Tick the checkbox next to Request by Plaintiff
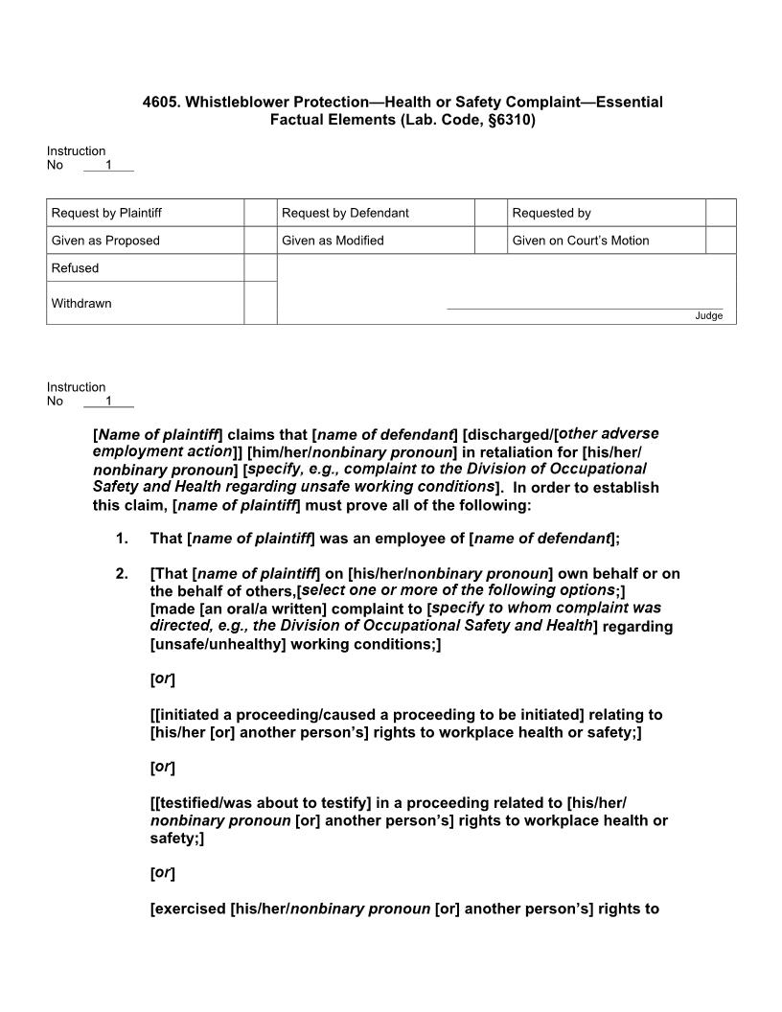(x=260, y=213)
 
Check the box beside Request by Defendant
(x=491, y=213)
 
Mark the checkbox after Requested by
(x=721, y=213)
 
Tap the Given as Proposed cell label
(x=105, y=241)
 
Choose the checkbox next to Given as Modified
(x=491, y=241)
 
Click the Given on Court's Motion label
(x=580, y=241)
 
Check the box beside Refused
(x=260, y=268)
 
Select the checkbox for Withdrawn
(x=260, y=303)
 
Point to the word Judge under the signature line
(x=708, y=316)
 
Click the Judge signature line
(x=585, y=308)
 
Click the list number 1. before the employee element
(x=122, y=539)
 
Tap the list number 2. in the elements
(x=122, y=574)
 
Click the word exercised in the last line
(x=190, y=908)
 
